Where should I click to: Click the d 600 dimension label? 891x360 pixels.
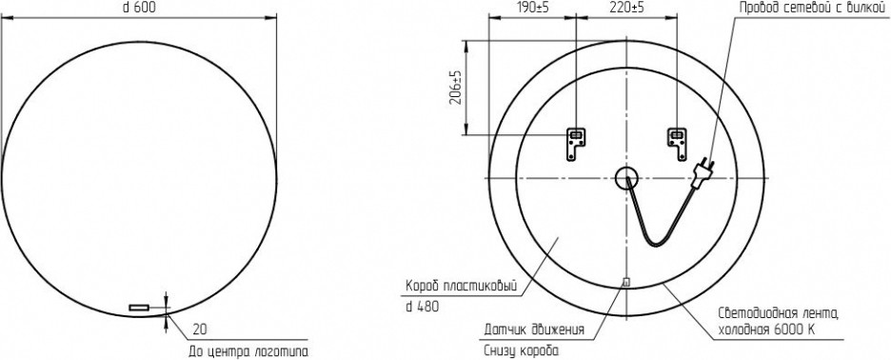tap(139, 8)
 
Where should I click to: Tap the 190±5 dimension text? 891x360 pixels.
tap(530, 8)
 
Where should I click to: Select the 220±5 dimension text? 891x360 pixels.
tap(626, 8)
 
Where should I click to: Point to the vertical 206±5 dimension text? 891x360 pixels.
tap(456, 87)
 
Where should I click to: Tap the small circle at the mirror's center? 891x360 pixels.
tap(626, 179)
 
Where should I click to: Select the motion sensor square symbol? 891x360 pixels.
tap(626, 281)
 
